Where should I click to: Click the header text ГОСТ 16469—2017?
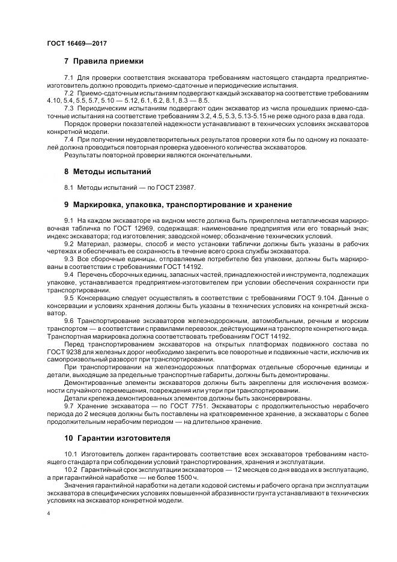[x=77, y=44]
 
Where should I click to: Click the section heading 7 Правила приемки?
[x=103, y=61]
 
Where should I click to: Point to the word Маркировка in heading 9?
[x=100, y=204]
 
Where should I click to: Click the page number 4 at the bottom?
[x=49, y=514]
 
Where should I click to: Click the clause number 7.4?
[x=68, y=139]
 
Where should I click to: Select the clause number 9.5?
[x=68, y=297]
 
